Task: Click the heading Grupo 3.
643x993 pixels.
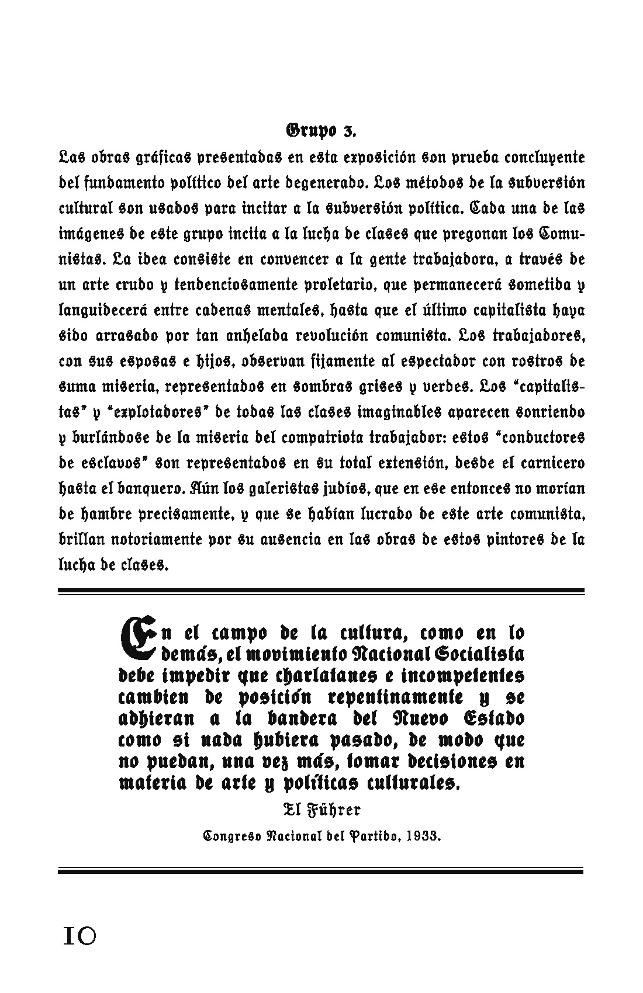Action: click(x=321, y=130)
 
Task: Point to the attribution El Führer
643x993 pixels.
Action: click(x=321, y=810)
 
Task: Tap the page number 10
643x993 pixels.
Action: click(x=78, y=936)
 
